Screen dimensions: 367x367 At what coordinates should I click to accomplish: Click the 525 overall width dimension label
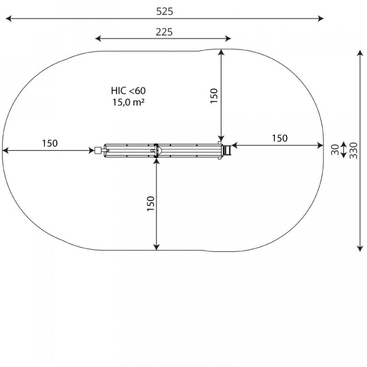164,11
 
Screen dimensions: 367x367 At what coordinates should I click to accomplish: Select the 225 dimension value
164,32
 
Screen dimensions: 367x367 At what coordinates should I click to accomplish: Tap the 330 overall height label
354,151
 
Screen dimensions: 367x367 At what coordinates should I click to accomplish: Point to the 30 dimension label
335,150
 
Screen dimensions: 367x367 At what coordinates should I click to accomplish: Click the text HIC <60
128,91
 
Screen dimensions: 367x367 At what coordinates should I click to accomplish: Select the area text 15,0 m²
128,102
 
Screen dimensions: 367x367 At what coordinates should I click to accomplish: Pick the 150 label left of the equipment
50,143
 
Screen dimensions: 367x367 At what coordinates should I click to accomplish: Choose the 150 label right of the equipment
280,138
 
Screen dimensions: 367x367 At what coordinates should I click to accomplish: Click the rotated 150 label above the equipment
214,96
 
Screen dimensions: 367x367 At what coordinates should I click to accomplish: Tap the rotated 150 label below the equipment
151,204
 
